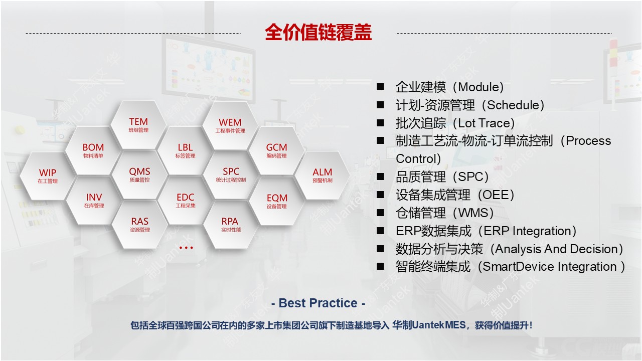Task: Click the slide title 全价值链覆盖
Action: coord(318,32)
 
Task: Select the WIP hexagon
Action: coord(48,176)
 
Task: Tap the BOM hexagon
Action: coord(93,151)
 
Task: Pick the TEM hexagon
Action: coord(138,125)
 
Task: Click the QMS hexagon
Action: coord(139,175)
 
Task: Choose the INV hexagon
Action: coord(94,201)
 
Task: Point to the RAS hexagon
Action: coord(140,225)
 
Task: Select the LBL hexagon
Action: coord(186,151)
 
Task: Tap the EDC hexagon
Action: coord(186,201)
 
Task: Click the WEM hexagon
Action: coord(230,125)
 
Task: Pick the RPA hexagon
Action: coord(231,225)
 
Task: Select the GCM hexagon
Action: coord(276,151)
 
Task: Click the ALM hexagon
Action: coord(323,175)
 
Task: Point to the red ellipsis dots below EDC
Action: coord(186,248)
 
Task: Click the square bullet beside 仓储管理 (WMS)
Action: coord(380,213)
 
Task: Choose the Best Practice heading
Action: coord(318,303)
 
